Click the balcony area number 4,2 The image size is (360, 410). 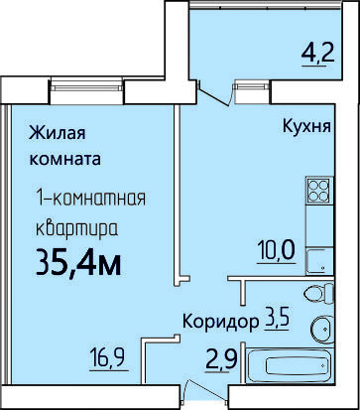pyautogui.click(x=318, y=55)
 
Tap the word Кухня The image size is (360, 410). pyautogui.click(x=306, y=127)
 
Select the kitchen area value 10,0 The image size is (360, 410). pyautogui.click(x=276, y=251)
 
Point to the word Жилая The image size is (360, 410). pyautogui.click(x=58, y=133)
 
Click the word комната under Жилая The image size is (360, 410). pyautogui.click(x=65, y=159)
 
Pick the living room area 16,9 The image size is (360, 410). pyautogui.click(x=109, y=358)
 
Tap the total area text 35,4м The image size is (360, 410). pyautogui.click(x=78, y=263)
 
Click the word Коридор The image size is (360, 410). pyautogui.click(x=220, y=322)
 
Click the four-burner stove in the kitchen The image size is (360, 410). pyautogui.click(x=319, y=190)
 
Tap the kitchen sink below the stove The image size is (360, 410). pyautogui.click(x=319, y=261)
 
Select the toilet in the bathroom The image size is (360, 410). pyautogui.click(x=319, y=294)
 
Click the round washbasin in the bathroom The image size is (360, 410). pyautogui.click(x=322, y=330)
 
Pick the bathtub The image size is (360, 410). pyautogui.click(x=290, y=365)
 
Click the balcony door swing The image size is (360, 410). pyautogui.click(x=214, y=93)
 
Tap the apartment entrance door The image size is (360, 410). pyautogui.click(x=206, y=393)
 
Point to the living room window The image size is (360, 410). pyautogui.click(x=86, y=87)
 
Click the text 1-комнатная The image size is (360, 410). pyautogui.click(x=90, y=199)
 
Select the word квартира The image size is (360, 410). pyautogui.click(x=76, y=228)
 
